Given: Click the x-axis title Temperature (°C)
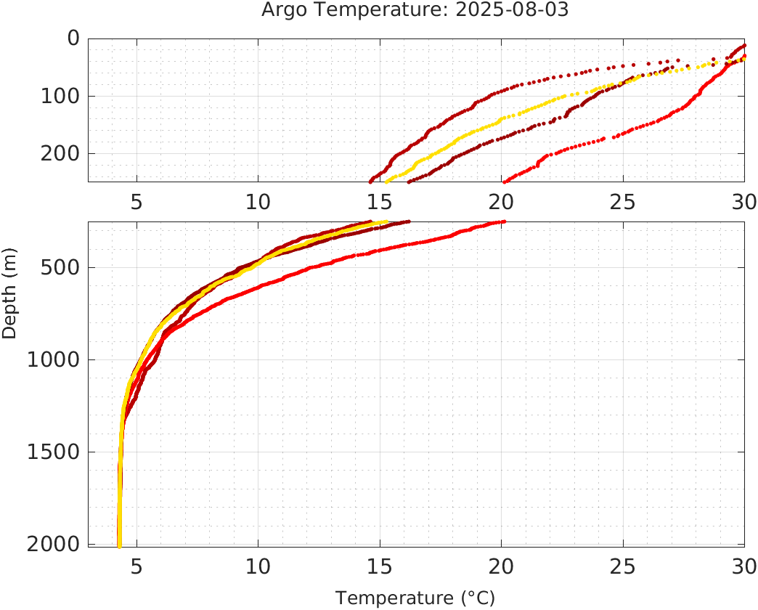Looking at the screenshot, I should pos(415,598).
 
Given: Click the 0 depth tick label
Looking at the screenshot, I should pos(73,38).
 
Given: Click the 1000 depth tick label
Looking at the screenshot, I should pos(52,359).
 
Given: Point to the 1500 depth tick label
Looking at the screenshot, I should pos(52,452).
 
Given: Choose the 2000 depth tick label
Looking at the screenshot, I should pos(52,544).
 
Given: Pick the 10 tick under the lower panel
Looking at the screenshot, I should pos(258,565).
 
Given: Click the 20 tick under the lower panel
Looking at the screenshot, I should pos(501,565).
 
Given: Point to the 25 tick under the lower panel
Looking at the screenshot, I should pos(623,565).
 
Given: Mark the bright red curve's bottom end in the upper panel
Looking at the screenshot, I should pos(505,181).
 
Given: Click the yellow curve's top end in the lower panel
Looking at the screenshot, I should pos(385,222).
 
